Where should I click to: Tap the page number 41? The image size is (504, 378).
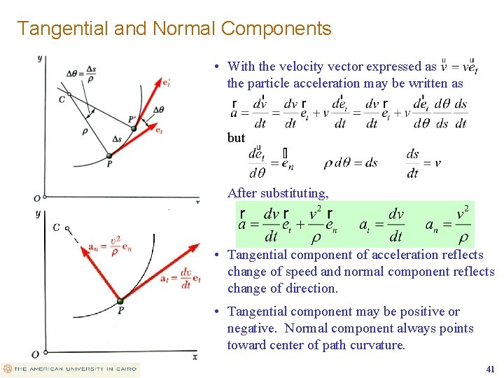490,369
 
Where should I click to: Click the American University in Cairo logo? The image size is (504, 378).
70,369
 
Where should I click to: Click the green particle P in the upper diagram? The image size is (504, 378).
108,155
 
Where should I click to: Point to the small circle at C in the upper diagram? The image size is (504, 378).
69,94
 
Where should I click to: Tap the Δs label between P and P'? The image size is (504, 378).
116,139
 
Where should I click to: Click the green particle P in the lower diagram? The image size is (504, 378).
120,300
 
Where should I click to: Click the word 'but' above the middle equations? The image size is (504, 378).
236,138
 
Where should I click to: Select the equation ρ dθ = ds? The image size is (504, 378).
350,163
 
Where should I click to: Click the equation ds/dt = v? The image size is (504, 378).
423,163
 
